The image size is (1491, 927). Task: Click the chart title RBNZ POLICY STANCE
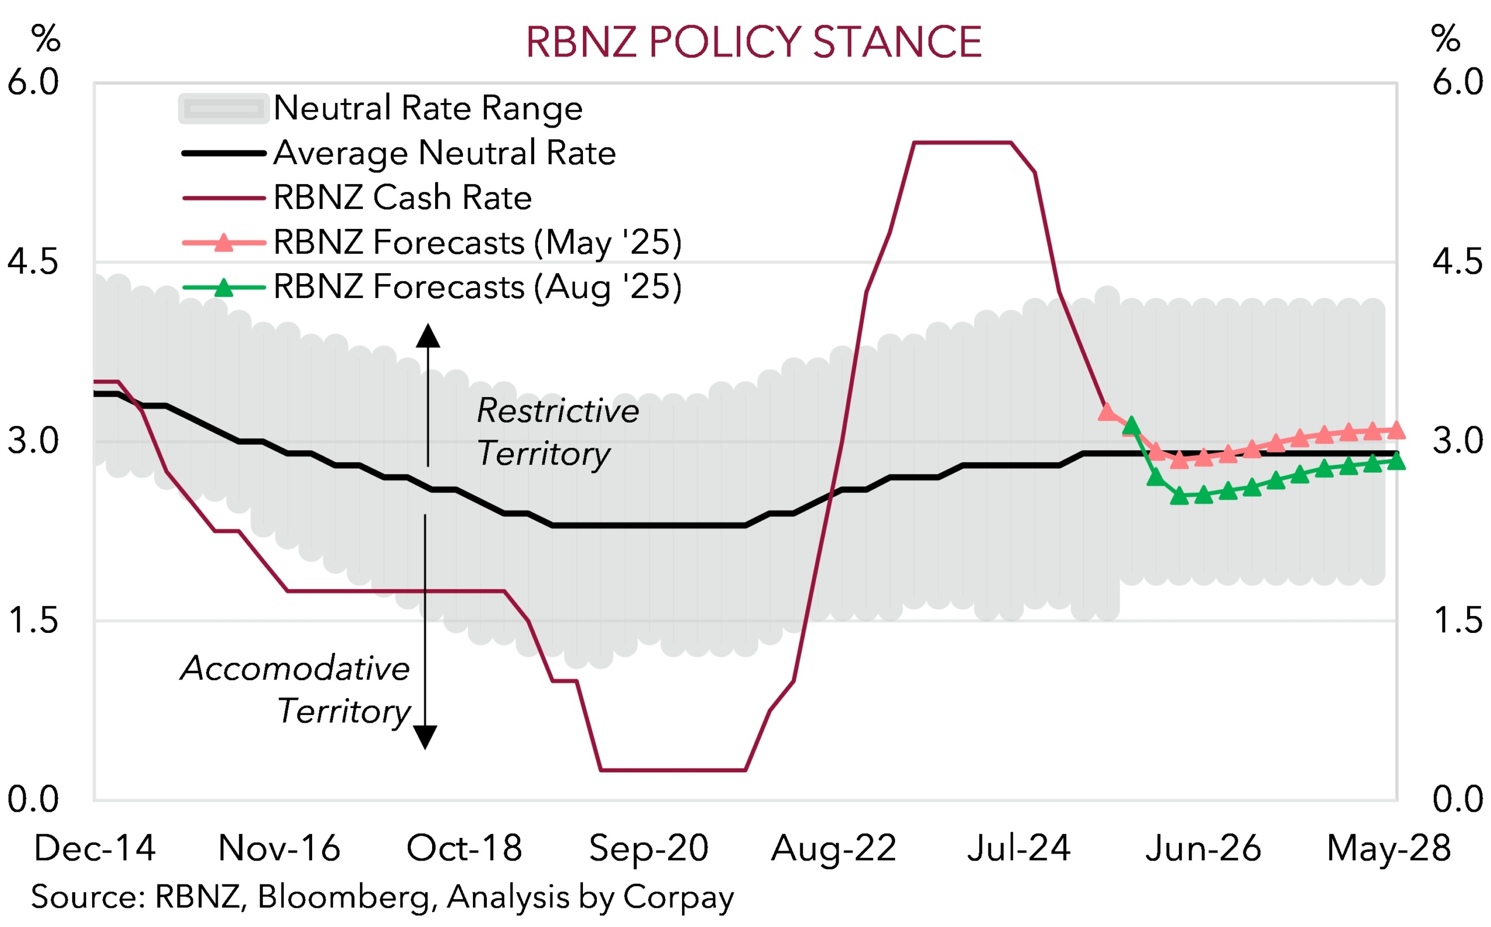point(754,43)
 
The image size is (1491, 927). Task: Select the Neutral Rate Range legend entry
point(427,108)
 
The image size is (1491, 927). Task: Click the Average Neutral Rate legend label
point(444,153)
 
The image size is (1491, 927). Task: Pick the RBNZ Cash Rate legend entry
point(402,197)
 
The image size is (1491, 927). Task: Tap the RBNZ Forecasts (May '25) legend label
point(477,242)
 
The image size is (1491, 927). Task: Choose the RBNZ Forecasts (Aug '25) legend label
point(477,287)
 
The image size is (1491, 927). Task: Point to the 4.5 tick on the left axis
point(33,262)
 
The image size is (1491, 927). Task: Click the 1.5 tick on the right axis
point(1457,621)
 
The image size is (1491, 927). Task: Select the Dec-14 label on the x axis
point(95,848)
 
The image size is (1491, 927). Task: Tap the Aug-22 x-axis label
point(834,848)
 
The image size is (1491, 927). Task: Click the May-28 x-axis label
point(1388,848)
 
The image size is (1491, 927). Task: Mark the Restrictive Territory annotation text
point(557,431)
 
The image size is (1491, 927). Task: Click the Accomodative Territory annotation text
point(295,689)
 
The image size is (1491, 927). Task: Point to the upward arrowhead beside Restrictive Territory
point(428,336)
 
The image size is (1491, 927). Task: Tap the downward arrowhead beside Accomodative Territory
point(425,737)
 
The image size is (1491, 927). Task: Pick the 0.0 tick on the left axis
point(33,799)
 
